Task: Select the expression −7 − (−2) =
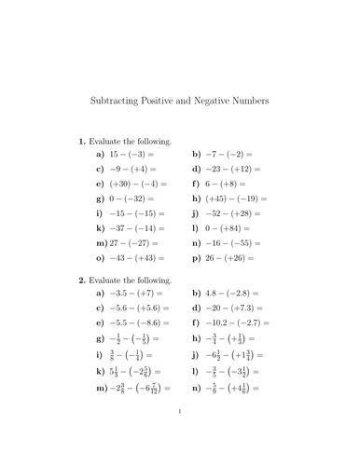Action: click(228, 154)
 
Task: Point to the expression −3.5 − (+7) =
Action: click(137, 293)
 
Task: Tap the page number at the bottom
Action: click(179, 433)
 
